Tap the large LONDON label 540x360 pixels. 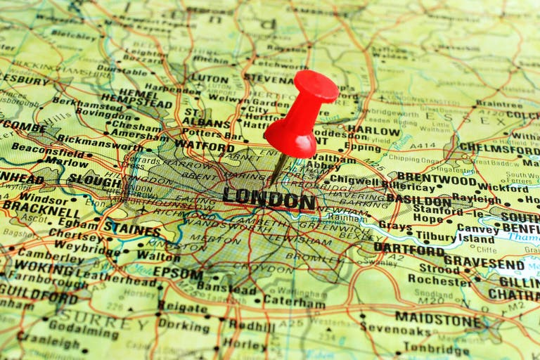[x=269, y=198]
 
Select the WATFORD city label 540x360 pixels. [x=205, y=146]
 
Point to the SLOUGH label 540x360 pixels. [x=94, y=181]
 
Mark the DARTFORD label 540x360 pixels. [x=409, y=249]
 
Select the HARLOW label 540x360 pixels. [x=373, y=131]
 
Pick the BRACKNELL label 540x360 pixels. [x=41, y=209]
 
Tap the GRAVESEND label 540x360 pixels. [x=484, y=264]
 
